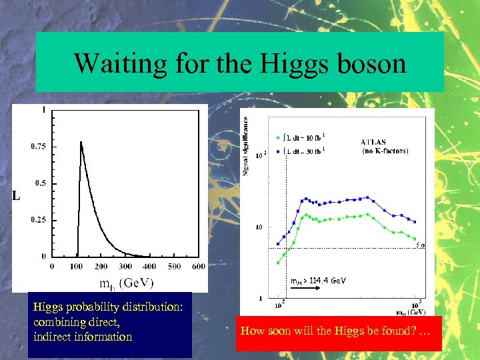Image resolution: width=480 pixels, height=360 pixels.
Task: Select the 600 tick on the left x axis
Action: tap(198, 266)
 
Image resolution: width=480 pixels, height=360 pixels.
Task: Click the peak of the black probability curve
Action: tap(81, 142)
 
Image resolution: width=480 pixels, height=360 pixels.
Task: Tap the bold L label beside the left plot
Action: tap(17, 196)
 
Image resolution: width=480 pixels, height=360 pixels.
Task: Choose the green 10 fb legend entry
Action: tap(302, 138)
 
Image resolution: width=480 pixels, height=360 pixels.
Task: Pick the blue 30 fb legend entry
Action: tap(302, 150)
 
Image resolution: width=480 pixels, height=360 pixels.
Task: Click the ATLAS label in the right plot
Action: tap(377, 141)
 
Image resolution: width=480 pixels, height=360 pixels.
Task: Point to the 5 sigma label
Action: tap(420, 245)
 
